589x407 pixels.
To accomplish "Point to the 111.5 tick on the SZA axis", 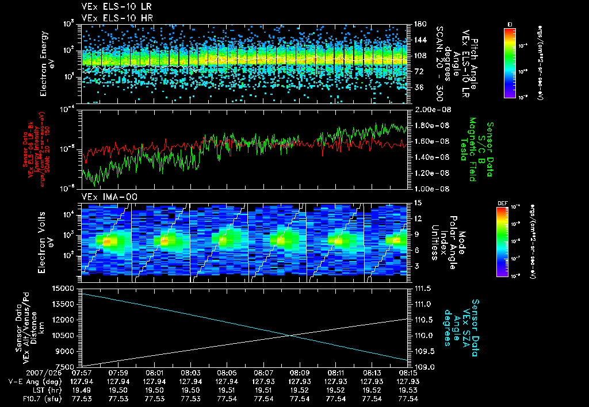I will [x=423, y=287].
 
